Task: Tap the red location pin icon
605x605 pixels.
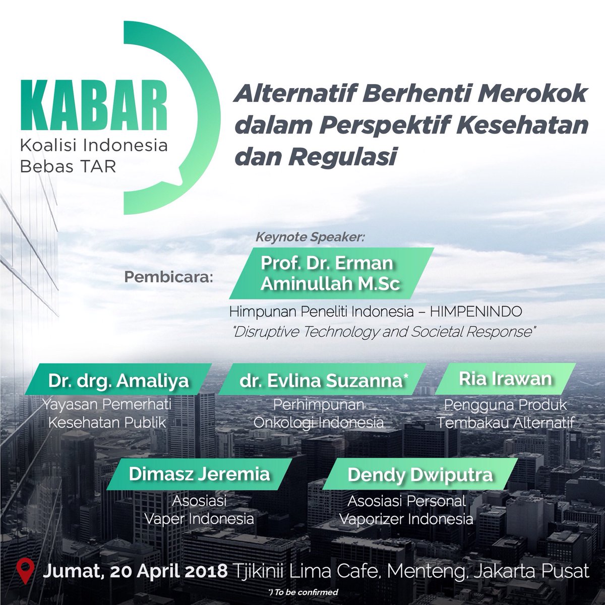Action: pos(25,570)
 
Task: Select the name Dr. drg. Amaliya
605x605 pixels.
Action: pos(118,381)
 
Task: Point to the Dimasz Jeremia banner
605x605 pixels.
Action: pos(199,474)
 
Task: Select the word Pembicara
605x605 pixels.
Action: pos(168,277)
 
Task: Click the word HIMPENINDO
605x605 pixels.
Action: pos(476,312)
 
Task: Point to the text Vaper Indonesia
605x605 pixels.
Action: pos(199,518)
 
